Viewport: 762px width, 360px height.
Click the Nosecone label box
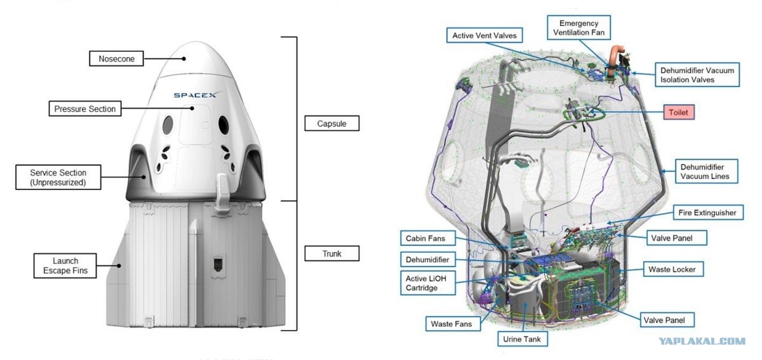pos(116,58)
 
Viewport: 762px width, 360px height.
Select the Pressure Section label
pos(85,109)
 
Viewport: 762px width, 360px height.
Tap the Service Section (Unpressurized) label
pos(58,177)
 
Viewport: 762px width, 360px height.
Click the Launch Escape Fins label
pos(65,266)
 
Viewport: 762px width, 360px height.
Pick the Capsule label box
pos(331,123)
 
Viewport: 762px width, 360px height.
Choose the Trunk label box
pos(331,253)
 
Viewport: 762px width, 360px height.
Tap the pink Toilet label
pos(679,112)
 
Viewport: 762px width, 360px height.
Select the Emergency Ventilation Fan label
pos(578,27)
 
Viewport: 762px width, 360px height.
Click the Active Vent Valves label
pos(485,35)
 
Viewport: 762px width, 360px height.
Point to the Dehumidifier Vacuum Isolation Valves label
pos(697,74)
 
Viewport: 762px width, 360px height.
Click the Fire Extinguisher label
pos(707,213)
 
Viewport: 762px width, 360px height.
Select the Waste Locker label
pos(672,269)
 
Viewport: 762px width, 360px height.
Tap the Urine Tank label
pos(522,339)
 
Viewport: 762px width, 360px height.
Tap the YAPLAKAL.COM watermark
pos(702,341)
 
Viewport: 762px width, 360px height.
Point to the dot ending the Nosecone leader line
pos(184,58)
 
